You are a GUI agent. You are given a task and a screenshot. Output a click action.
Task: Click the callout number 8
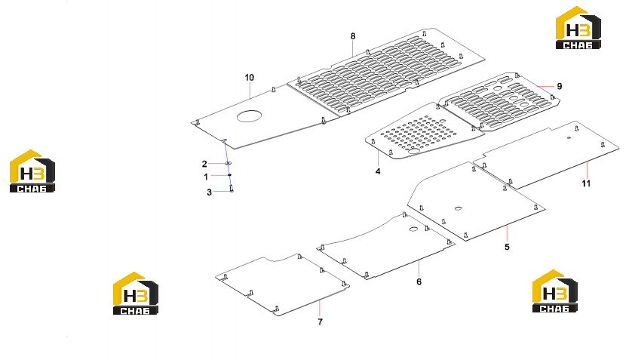click(353, 36)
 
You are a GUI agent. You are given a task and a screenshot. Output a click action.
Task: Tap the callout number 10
click(250, 78)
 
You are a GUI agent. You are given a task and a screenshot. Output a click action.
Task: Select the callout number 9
click(559, 86)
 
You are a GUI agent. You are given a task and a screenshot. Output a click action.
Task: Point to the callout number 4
click(378, 171)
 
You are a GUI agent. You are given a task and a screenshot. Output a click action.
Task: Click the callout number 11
click(587, 183)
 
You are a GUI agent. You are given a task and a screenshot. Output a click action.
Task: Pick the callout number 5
click(507, 247)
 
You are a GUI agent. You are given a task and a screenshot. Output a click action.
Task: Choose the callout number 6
click(419, 282)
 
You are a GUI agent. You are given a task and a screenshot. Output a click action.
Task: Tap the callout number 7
click(320, 322)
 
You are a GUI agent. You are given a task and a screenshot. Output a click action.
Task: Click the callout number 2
click(204, 164)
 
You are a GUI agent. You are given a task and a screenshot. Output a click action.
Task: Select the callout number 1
click(206, 177)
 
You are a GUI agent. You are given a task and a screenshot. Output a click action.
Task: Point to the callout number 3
click(209, 192)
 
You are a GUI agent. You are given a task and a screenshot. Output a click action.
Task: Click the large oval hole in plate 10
click(249, 116)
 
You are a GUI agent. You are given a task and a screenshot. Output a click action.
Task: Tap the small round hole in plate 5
click(458, 209)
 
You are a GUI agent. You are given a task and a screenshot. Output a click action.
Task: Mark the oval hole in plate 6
click(413, 229)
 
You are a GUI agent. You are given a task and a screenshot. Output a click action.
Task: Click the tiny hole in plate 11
click(569, 138)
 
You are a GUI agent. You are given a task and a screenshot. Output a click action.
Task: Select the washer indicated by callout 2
click(228, 163)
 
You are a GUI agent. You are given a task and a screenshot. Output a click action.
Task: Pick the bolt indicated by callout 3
click(232, 189)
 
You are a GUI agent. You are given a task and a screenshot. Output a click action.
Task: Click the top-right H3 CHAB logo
click(578, 28)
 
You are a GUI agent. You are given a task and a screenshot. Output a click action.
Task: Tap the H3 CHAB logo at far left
click(32, 171)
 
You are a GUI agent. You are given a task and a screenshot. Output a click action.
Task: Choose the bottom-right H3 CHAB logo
click(555, 291)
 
